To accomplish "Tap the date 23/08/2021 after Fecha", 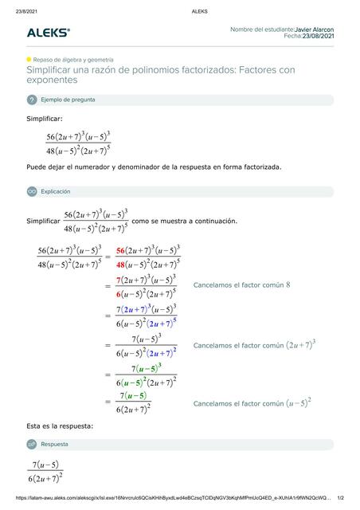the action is point(319,36).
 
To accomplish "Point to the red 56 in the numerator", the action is point(122,249).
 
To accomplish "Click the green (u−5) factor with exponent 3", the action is point(148,369).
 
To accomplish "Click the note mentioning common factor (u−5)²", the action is point(252,403).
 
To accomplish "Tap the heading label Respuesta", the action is point(55,444).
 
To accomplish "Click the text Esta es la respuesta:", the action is point(60,426).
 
